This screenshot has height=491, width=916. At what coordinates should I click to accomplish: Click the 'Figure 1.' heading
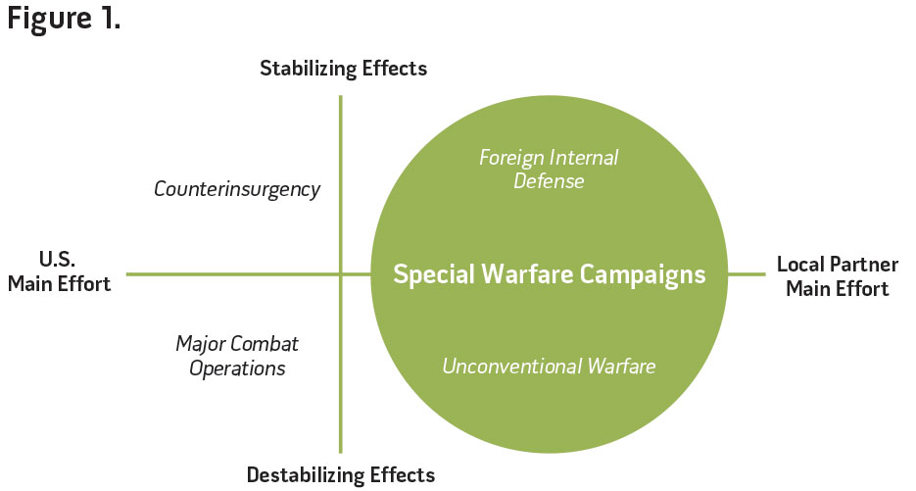coord(65,21)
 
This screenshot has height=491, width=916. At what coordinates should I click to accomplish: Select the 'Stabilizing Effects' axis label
coord(343,69)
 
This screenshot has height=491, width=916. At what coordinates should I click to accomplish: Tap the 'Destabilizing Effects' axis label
coord(340,475)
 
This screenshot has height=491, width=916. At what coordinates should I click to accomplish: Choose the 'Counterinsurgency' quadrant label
coord(237,189)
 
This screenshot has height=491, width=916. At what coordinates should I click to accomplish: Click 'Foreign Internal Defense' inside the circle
coord(548,169)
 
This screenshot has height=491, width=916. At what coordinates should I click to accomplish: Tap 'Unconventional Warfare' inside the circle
coord(549,367)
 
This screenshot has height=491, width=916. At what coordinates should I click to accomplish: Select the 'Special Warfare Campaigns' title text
coord(549,274)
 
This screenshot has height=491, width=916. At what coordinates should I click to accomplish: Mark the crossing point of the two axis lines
coord(340,274)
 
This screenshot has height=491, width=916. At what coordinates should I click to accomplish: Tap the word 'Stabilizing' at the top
coord(308,69)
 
